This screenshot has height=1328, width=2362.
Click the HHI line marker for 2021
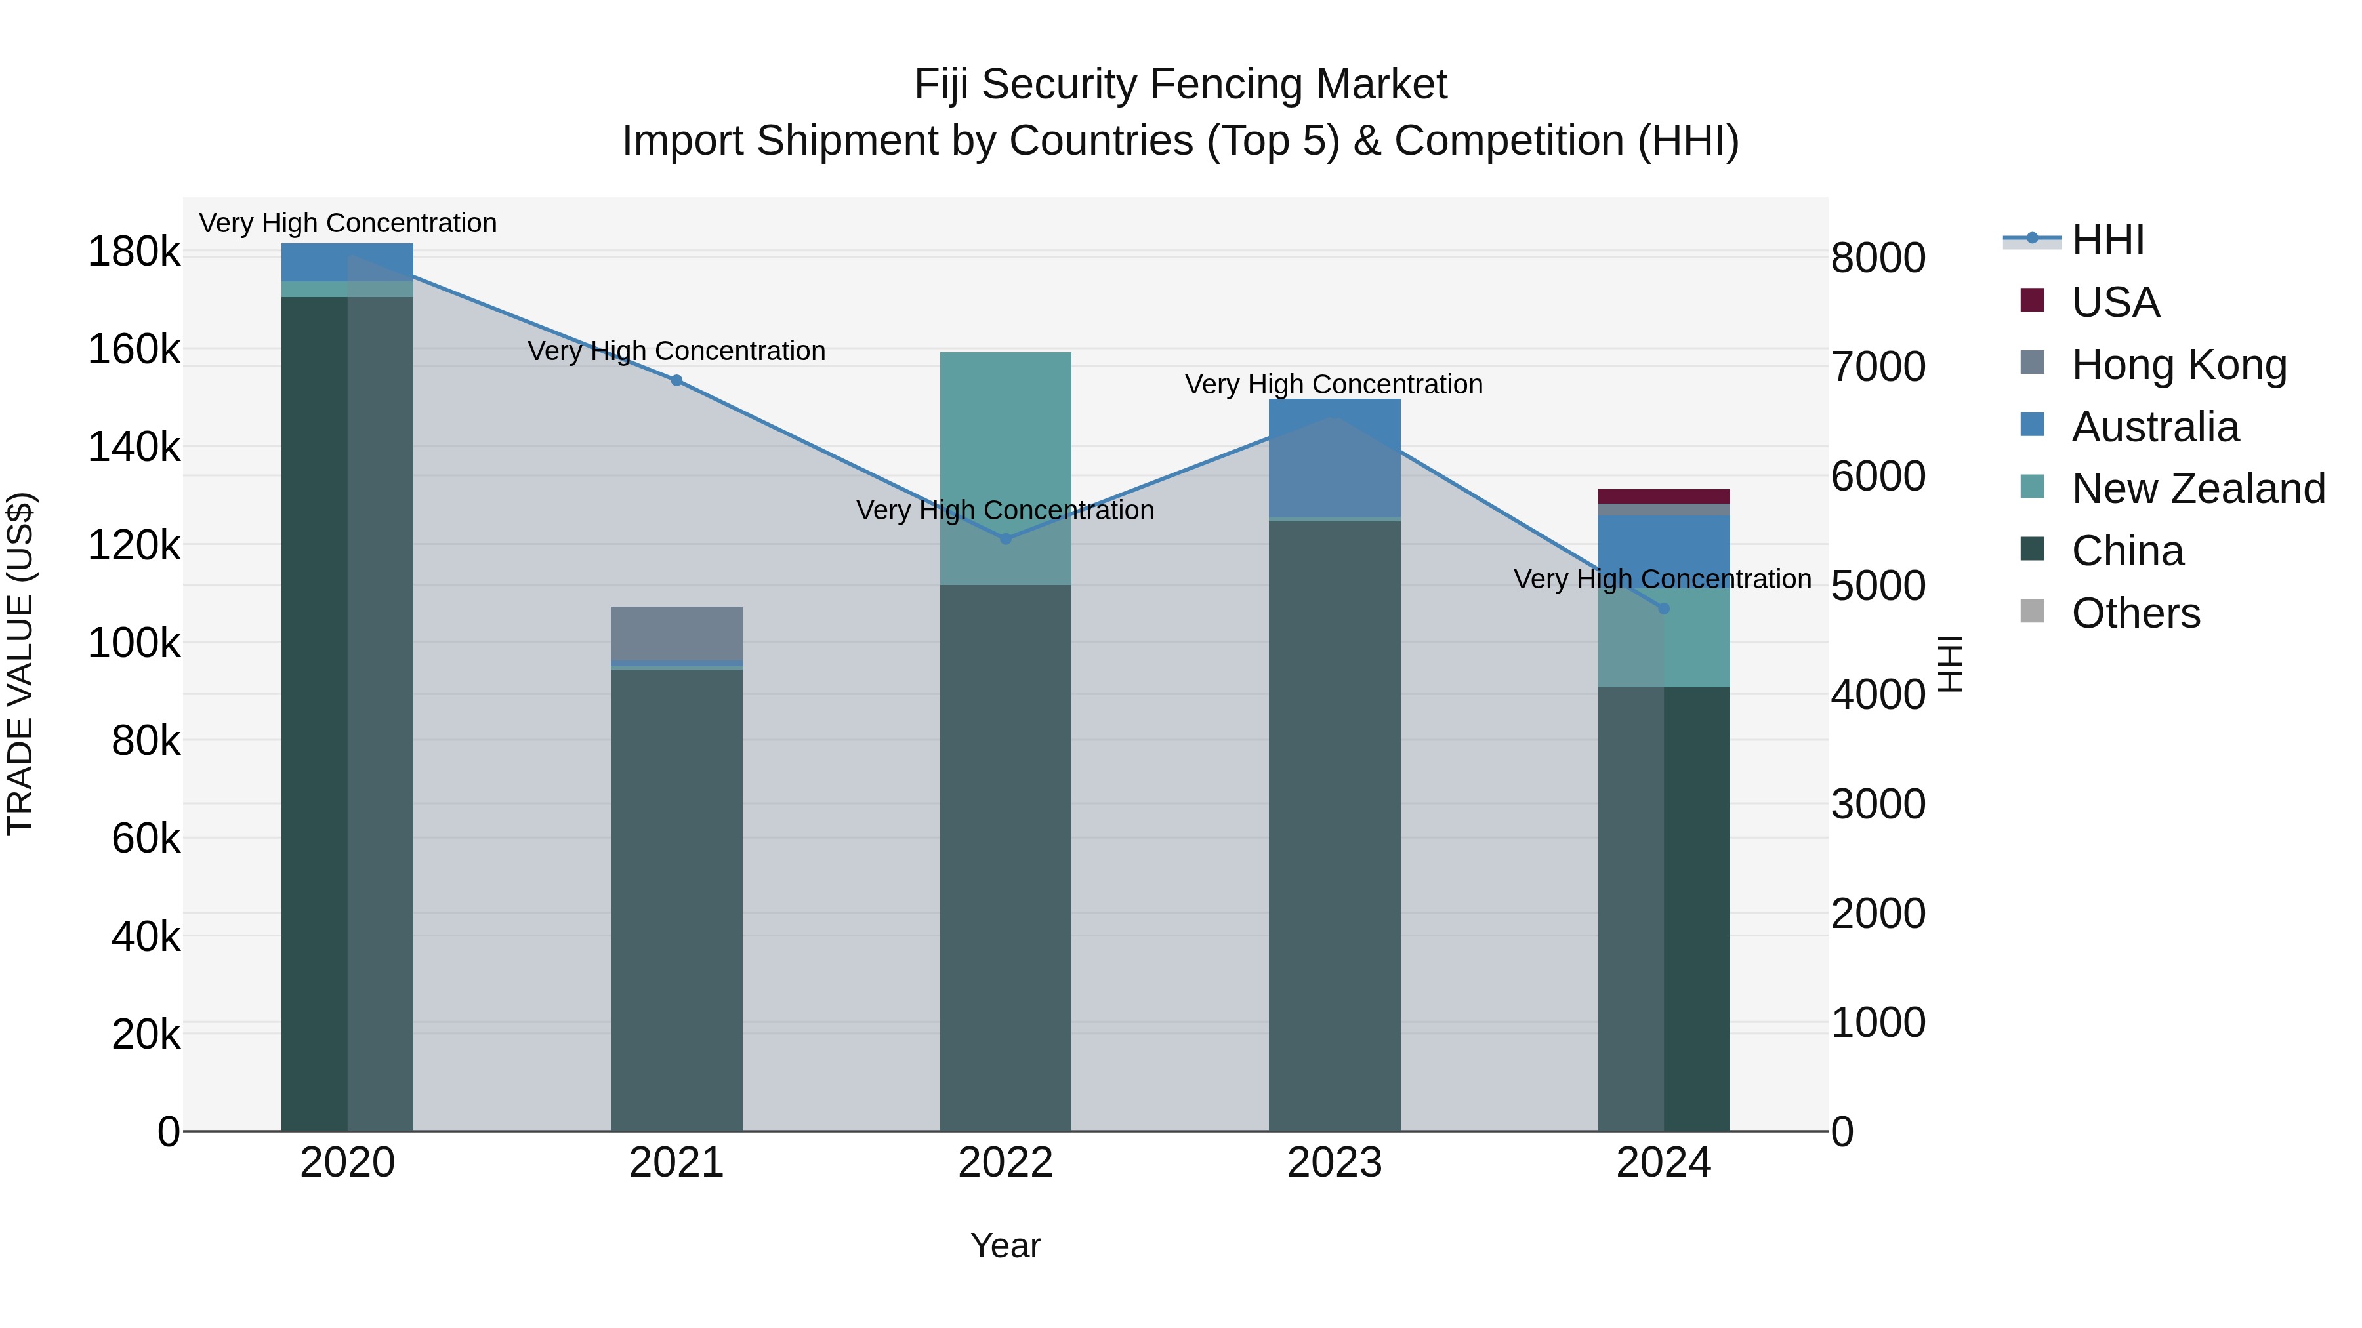click(676, 380)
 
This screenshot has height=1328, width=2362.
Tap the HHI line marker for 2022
click(1005, 539)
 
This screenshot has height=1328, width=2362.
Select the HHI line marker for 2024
click(1663, 609)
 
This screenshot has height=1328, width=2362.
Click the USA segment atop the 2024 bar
click(1663, 496)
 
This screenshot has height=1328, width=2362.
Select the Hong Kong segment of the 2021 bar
click(676, 632)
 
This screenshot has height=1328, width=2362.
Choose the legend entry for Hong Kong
click(2178, 365)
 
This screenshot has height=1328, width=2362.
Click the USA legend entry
click(2115, 302)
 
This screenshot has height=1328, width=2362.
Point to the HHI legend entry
click(2107, 240)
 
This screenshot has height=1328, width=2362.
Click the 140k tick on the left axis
click(134, 447)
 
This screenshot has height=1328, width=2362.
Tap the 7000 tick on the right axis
click(1878, 367)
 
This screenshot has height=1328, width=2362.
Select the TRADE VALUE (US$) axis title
click(20, 664)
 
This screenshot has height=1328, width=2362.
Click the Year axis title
click(1005, 1245)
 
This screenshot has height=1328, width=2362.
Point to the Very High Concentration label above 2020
click(348, 223)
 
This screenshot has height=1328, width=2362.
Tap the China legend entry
click(2127, 551)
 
